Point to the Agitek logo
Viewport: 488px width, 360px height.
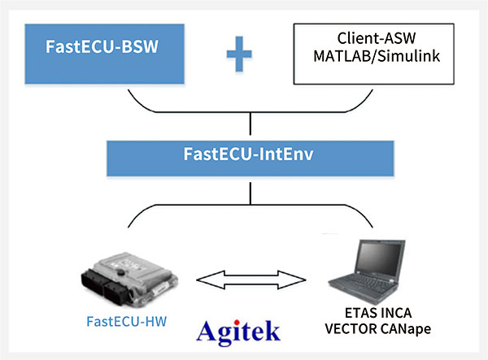tap(238, 331)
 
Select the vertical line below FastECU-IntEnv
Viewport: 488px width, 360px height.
tap(247, 190)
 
